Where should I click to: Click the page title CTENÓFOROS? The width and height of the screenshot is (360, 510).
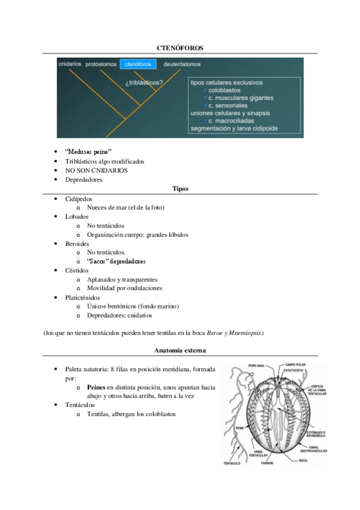click(180, 47)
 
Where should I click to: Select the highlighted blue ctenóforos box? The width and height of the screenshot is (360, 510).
click(138, 64)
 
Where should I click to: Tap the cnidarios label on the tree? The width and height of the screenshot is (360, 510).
click(70, 64)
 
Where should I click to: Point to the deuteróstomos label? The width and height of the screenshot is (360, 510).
click(182, 64)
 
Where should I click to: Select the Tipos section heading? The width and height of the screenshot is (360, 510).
click(180, 189)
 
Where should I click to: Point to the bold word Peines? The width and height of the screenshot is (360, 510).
click(98, 387)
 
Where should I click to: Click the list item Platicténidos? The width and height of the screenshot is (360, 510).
click(82, 297)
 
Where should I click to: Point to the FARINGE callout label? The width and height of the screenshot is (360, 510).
click(267, 463)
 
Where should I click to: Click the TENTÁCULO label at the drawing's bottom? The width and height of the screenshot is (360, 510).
click(232, 463)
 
